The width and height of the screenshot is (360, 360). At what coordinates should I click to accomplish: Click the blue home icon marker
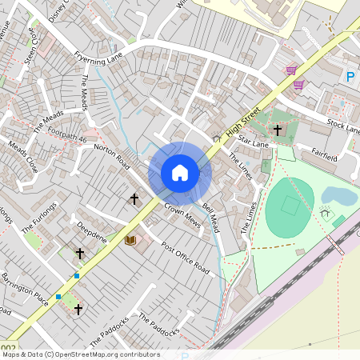pyautogui.click(x=180, y=172)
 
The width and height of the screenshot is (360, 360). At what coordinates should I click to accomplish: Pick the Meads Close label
pyautogui.click(x=22, y=157)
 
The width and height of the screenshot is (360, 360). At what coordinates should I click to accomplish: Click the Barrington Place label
pyautogui.click(x=25, y=284)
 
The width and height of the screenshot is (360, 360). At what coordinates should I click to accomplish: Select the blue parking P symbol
pyautogui.click(x=349, y=77)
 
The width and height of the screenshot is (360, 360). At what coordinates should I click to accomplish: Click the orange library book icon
pyautogui.click(x=130, y=239)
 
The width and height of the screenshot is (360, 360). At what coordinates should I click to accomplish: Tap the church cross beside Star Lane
pyautogui.click(x=278, y=130)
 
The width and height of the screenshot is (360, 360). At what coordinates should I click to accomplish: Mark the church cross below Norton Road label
pyautogui.click(x=134, y=198)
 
